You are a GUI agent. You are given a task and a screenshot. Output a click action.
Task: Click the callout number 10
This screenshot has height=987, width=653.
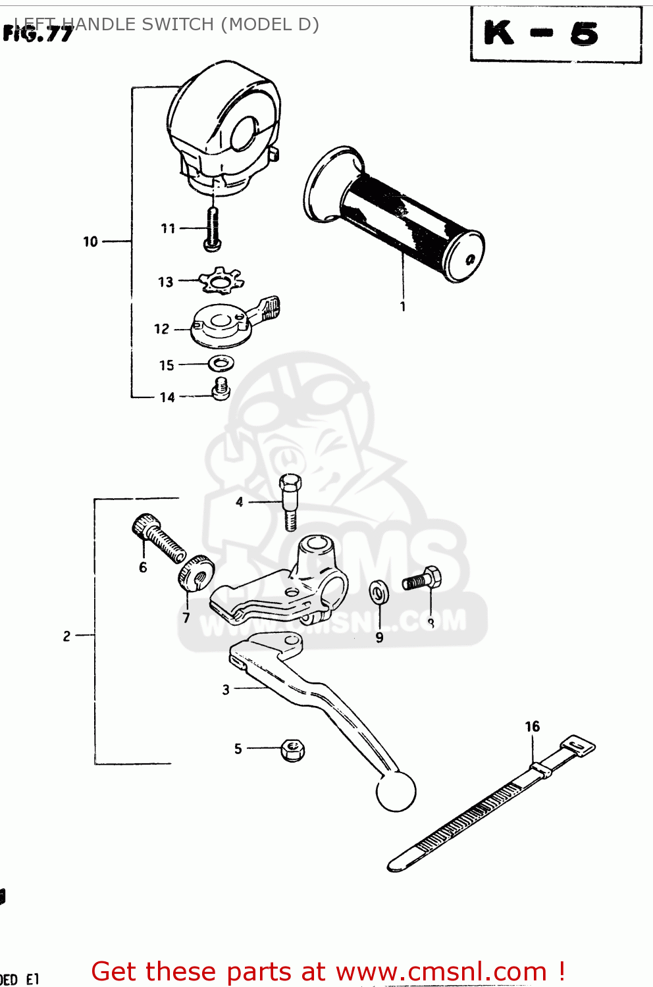coord(90,242)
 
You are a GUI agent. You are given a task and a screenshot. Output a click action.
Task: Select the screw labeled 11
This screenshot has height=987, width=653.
coord(212,228)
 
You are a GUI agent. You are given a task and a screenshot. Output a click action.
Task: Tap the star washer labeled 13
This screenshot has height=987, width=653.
coord(221,281)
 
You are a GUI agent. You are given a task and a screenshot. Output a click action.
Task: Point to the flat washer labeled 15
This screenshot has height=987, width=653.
coord(222,363)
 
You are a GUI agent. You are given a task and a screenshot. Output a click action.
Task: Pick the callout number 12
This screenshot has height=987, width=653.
coord(162,329)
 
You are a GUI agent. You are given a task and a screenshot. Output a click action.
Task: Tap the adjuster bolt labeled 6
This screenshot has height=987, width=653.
coord(157,538)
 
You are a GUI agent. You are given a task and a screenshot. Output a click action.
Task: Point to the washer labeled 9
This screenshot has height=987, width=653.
coord(379,592)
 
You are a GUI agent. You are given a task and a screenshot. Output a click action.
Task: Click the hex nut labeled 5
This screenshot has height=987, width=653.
coord(292,749)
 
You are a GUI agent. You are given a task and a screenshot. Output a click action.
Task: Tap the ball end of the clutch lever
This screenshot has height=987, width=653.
coord(396,792)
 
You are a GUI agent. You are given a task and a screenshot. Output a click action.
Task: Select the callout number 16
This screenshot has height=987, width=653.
coord(532,726)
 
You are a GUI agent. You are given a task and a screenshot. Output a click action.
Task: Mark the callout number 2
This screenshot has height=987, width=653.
coord(66,636)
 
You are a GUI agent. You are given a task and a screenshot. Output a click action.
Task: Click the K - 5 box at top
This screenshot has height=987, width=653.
coord(556,34)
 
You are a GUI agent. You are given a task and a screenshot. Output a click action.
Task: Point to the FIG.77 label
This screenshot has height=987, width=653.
coord(38,34)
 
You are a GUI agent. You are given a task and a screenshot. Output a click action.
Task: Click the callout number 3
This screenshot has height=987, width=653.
coord(226,690)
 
